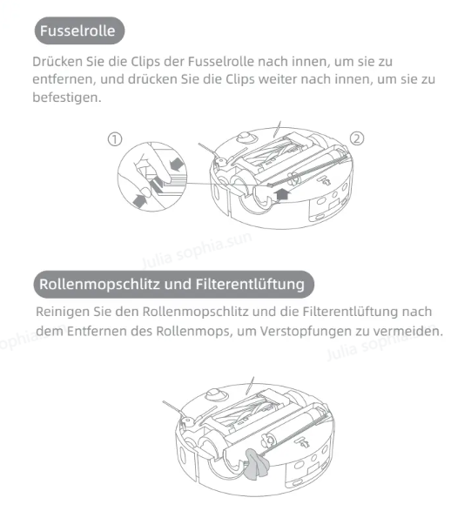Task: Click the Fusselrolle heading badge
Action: coord(79,30)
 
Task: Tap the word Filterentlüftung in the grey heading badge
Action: coord(250,285)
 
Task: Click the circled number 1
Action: coord(115,139)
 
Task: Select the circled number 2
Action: coord(357,138)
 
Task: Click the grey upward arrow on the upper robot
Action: coord(282,194)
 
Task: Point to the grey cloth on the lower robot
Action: coord(256,463)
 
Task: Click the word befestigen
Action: coord(67,98)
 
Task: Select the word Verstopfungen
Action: coord(306,331)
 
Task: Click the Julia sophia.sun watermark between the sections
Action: coord(198,250)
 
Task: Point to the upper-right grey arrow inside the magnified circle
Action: coord(177,165)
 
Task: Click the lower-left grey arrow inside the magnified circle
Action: coord(140,200)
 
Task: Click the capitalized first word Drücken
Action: coord(57,62)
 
